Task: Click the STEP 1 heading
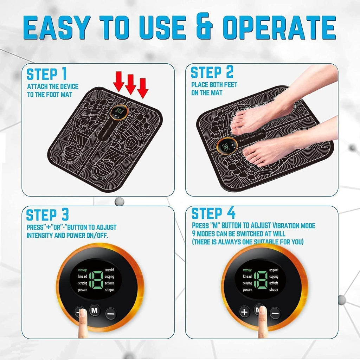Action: point(47,74)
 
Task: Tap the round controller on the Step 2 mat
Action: point(226,147)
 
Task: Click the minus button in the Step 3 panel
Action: point(111,312)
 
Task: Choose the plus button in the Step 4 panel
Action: point(245,312)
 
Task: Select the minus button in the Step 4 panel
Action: point(275,312)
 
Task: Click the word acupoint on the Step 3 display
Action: point(111,270)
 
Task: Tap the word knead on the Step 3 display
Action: point(83,277)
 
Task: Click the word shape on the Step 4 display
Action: point(274,290)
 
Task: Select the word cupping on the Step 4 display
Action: point(274,277)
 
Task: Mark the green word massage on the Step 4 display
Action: point(247,270)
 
